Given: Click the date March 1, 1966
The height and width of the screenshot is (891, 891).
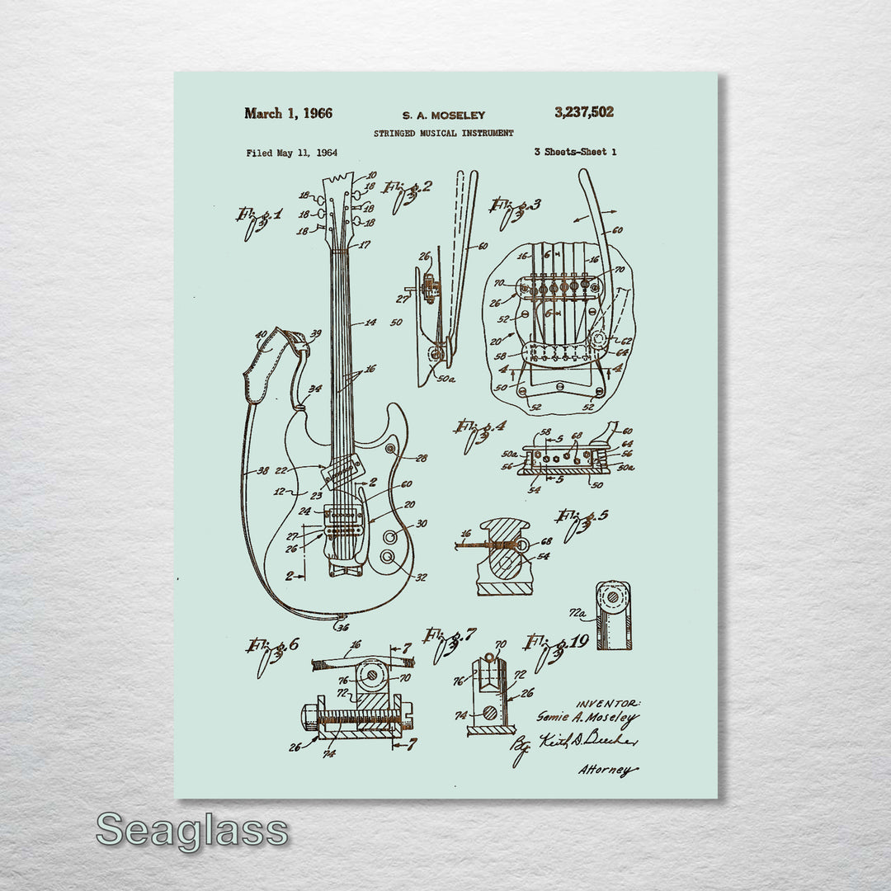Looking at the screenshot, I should pyautogui.click(x=288, y=114).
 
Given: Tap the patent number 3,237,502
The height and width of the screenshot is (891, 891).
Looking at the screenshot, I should pyautogui.click(x=584, y=112).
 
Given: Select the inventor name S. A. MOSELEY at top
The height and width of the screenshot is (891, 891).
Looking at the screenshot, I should pyautogui.click(x=443, y=115).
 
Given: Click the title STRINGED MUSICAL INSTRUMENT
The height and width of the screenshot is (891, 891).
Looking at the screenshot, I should pyautogui.click(x=443, y=133).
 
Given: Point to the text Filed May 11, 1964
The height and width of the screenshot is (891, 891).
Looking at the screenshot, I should pyautogui.click(x=291, y=153).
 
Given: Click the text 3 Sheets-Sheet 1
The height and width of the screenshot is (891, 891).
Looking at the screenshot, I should pyautogui.click(x=575, y=152).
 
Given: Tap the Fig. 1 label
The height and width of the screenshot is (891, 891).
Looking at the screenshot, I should pyautogui.click(x=258, y=219).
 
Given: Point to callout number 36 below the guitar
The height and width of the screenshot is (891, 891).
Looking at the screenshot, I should pyautogui.click(x=341, y=626).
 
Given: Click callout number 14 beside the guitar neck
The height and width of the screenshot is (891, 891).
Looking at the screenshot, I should pyautogui.click(x=370, y=323).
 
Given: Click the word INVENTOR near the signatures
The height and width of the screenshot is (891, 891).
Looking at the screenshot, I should pyautogui.click(x=607, y=702).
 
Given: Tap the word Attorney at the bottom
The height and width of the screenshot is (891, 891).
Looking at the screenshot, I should pyautogui.click(x=607, y=770).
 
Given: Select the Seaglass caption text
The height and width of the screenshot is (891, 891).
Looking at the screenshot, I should pyautogui.click(x=191, y=830).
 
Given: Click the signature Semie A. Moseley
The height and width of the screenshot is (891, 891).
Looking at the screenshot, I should pyautogui.click(x=587, y=718).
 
